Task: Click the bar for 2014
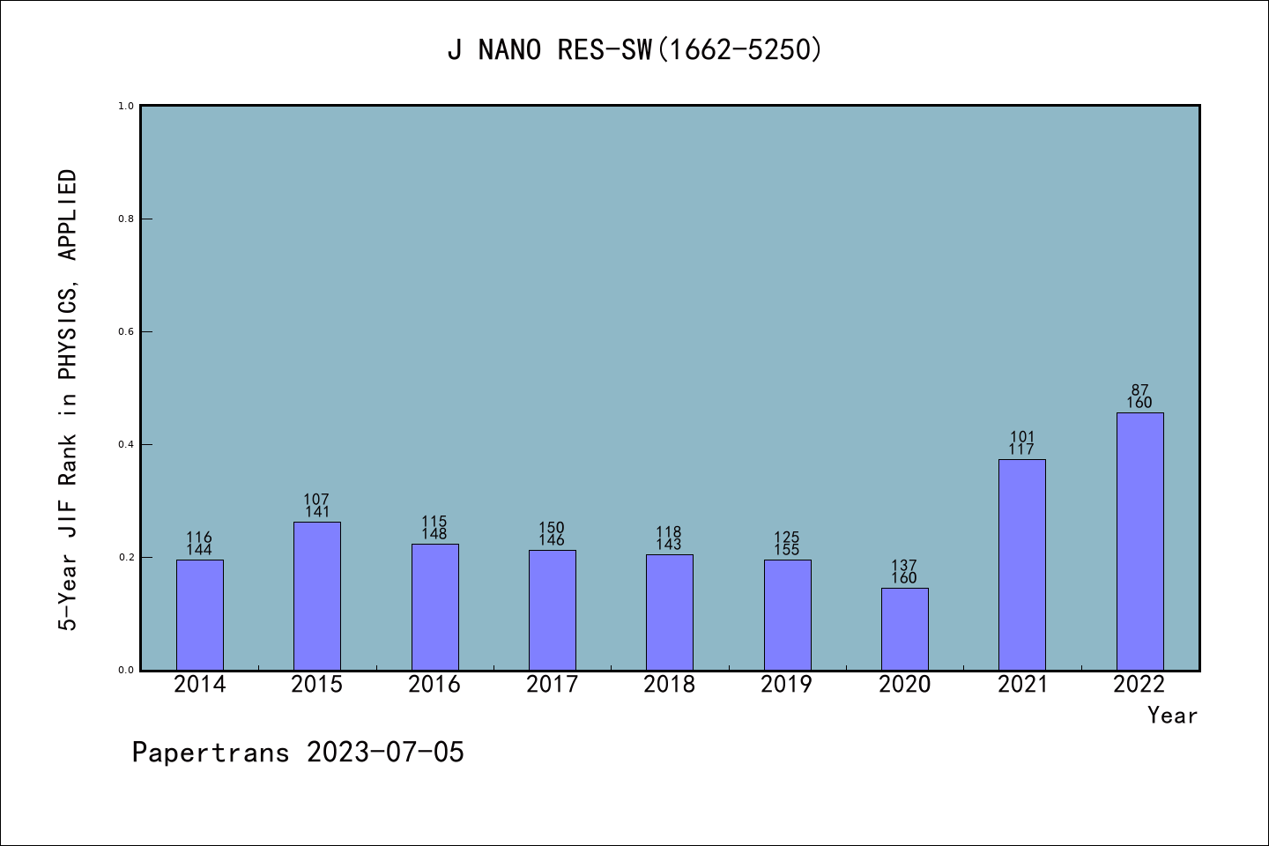pos(199,614)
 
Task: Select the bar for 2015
pos(316,596)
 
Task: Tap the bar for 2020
pos(904,628)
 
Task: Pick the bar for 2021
pos(1021,564)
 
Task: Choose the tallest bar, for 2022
pos(1139,541)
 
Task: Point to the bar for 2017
pos(552,610)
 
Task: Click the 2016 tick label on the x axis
pos(434,685)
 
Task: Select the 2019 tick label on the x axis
pos(787,685)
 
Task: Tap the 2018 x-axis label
pos(669,685)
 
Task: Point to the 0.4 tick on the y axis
pos(126,445)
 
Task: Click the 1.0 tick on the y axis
pos(126,107)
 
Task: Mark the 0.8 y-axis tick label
pos(126,219)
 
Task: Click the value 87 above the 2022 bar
pos(1139,390)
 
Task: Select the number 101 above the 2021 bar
pos(1022,437)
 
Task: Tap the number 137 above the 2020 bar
pos(904,566)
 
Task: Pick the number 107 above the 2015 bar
pos(316,500)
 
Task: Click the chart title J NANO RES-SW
pos(634,50)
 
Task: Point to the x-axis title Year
pos(1172,716)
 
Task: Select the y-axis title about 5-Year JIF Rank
pos(69,400)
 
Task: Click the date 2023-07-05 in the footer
pos(385,753)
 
